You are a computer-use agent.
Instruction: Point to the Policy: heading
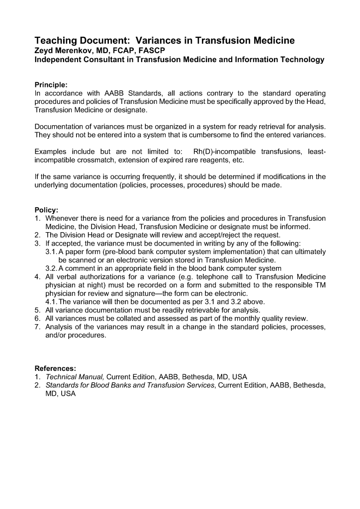click(x=46, y=210)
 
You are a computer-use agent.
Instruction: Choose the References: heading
click(x=55, y=368)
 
